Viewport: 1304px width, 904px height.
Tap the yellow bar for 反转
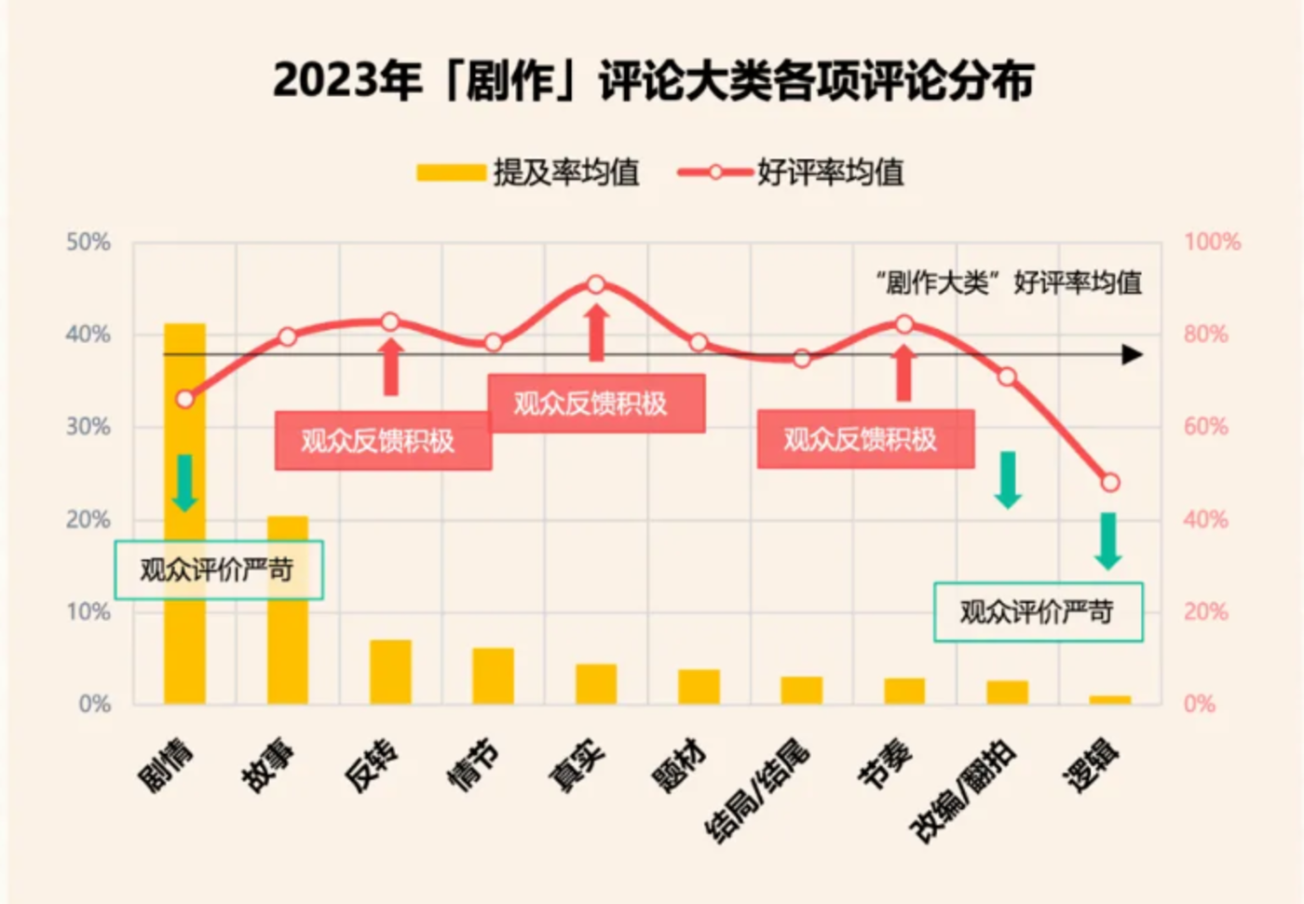[x=390, y=672]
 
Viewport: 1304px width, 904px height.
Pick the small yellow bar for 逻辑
[x=1110, y=700]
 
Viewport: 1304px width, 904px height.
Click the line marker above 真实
[x=596, y=284]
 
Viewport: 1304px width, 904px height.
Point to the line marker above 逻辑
[x=1110, y=483]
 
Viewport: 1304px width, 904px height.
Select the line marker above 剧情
[x=184, y=399]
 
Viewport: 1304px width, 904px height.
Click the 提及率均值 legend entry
[x=529, y=172]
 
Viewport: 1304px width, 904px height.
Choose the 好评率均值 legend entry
[x=792, y=172]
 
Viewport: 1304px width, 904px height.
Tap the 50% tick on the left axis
[x=88, y=242]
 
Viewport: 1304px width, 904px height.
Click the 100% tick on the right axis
[x=1212, y=242]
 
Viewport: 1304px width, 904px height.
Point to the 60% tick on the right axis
[x=1206, y=427]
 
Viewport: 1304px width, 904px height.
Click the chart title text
[x=653, y=80]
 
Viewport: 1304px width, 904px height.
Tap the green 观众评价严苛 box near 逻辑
[x=1038, y=612]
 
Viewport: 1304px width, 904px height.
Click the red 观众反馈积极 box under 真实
[x=596, y=404]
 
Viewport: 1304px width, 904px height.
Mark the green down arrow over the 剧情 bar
[x=184, y=483]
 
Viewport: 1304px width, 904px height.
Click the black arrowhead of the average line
[x=1132, y=355]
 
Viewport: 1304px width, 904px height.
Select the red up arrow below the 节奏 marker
[x=903, y=373]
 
